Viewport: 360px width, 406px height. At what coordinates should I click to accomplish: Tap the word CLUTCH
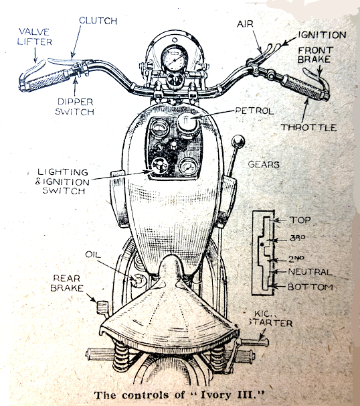point(98,21)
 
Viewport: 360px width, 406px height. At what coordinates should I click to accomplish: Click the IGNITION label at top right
point(323,35)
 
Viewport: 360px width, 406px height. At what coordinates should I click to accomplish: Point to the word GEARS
point(265,163)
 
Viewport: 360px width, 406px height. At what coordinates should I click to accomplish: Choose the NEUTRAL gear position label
point(310,273)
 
